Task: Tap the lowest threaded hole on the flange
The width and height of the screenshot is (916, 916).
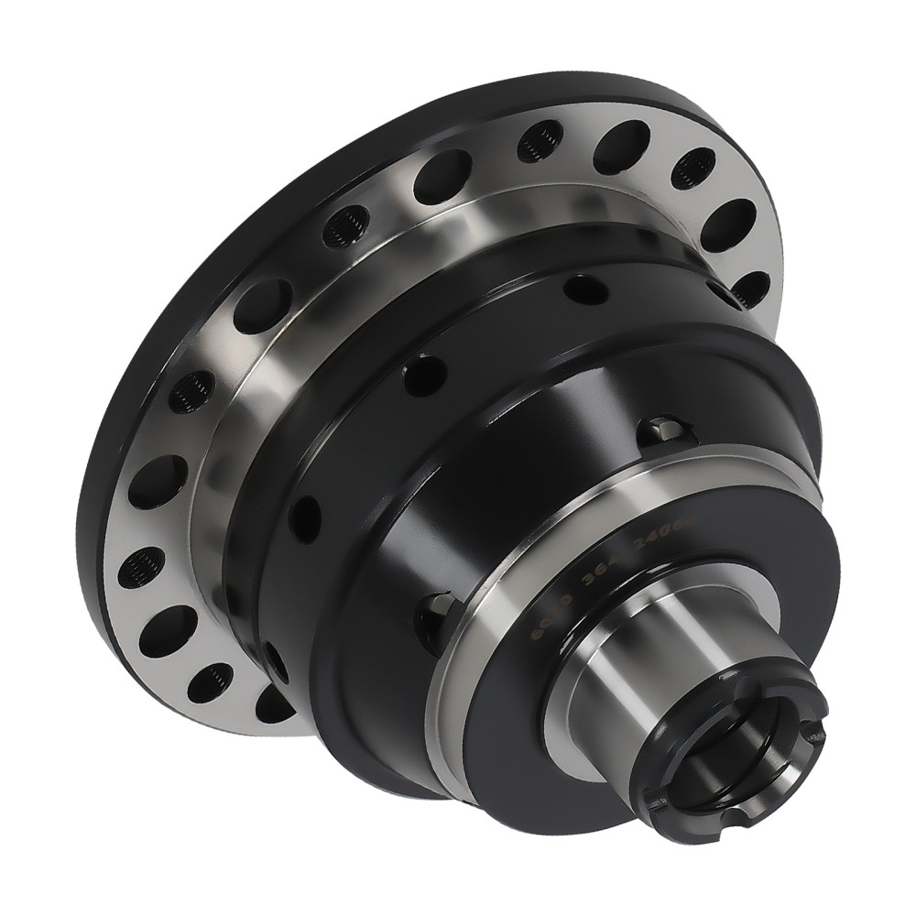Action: [211, 680]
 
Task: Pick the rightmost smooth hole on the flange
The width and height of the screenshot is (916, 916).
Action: [730, 224]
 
